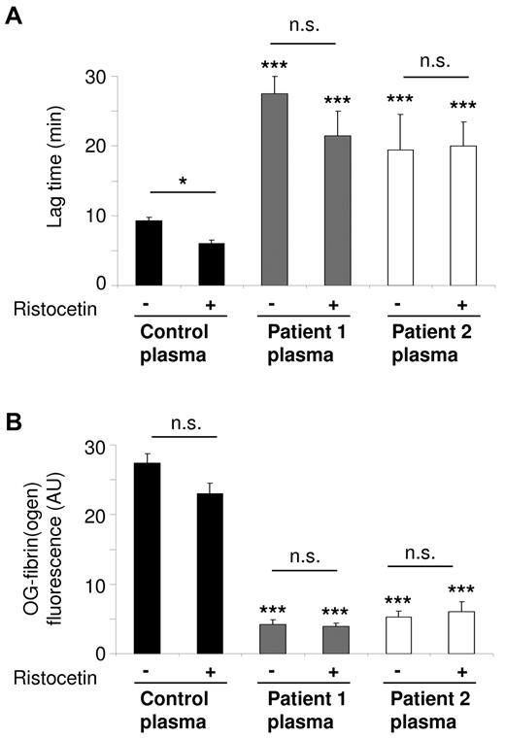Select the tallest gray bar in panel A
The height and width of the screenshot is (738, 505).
(x=281, y=189)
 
